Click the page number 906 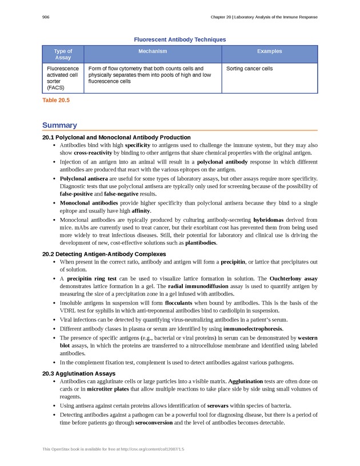pos(46,17)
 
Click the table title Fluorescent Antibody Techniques pos(179,39)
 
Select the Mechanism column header pos(153,51)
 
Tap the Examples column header pos(269,51)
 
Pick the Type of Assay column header pos(63,54)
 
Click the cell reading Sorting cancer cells pos(250,69)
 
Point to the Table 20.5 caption pos(56,100)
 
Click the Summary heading pos(59,125)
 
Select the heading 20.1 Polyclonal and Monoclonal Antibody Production pos(117,137)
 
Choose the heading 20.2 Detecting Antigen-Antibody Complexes pos(104,254)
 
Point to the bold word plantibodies pos(201,243)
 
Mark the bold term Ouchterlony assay pos(294,278)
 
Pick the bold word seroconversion pos(158,423)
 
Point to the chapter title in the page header pos(263,17)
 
